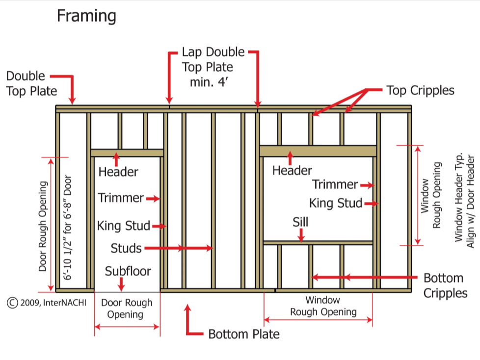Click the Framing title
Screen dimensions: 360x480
86,16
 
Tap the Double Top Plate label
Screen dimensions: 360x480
31,83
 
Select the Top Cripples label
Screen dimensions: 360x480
420,90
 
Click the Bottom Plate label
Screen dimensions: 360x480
243,334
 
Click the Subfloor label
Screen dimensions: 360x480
128,271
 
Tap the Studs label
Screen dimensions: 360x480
126,248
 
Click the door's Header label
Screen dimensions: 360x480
118,172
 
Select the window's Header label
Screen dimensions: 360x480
292,170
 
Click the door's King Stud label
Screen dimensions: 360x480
123,226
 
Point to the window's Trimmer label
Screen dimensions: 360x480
335,185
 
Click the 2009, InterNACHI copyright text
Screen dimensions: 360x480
47,303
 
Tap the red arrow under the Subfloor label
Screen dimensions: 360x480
122,284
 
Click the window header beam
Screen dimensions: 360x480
318,151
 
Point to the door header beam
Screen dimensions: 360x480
127,153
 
